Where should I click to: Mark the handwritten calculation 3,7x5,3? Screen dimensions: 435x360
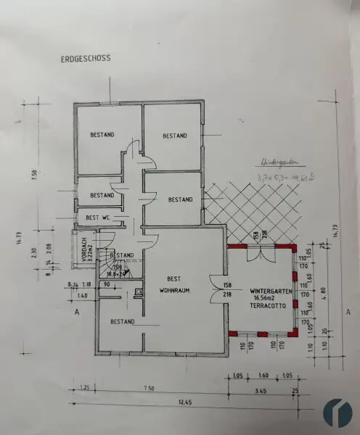274,178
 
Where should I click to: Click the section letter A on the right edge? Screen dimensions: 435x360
348,312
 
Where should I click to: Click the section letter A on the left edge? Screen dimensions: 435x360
75,313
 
